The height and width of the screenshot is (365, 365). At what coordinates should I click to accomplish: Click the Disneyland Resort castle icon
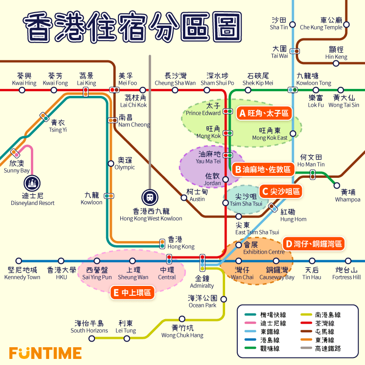(32, 182)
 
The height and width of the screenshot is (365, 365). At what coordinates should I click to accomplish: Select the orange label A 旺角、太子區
(264, 113)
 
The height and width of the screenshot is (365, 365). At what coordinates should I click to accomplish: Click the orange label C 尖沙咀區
(280, 191)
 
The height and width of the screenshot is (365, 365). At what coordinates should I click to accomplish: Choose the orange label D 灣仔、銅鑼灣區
(314, 243)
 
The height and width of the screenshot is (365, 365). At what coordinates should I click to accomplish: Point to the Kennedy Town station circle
(19, 261)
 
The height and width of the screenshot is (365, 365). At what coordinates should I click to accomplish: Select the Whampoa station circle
(337, 185)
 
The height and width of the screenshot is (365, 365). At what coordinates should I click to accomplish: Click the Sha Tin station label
(279, 23)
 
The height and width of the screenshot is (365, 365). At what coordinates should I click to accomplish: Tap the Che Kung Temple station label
(321, 23)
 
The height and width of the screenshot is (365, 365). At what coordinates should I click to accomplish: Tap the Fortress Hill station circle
(348, 261)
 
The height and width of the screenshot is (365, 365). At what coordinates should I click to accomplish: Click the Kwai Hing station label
(24, 79)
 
